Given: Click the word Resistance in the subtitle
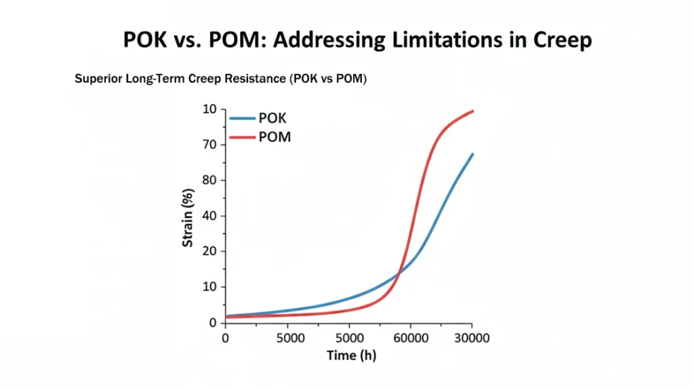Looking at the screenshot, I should tap(254, 79).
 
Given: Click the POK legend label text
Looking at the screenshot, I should tap(272, 118).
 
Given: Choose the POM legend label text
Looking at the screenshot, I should tap(274, 137).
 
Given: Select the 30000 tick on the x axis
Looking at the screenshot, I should tap(472, 337).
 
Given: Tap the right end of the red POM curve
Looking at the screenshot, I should tap(472, 111).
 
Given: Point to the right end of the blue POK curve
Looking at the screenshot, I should tap(472, 154).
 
